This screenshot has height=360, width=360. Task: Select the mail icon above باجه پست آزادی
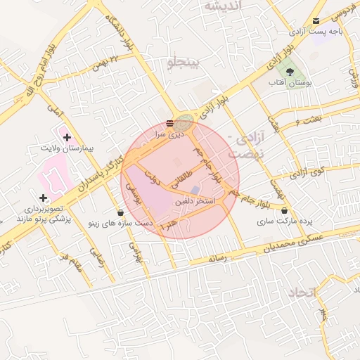click(315, 20)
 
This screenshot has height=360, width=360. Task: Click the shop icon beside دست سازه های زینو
click(120, 212)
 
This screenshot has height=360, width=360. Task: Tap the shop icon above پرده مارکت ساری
click(284, 210)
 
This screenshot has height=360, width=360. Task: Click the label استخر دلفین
click(198, 201)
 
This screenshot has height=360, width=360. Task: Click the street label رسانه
click(219, 259)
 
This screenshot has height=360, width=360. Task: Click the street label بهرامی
click(134, 251)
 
